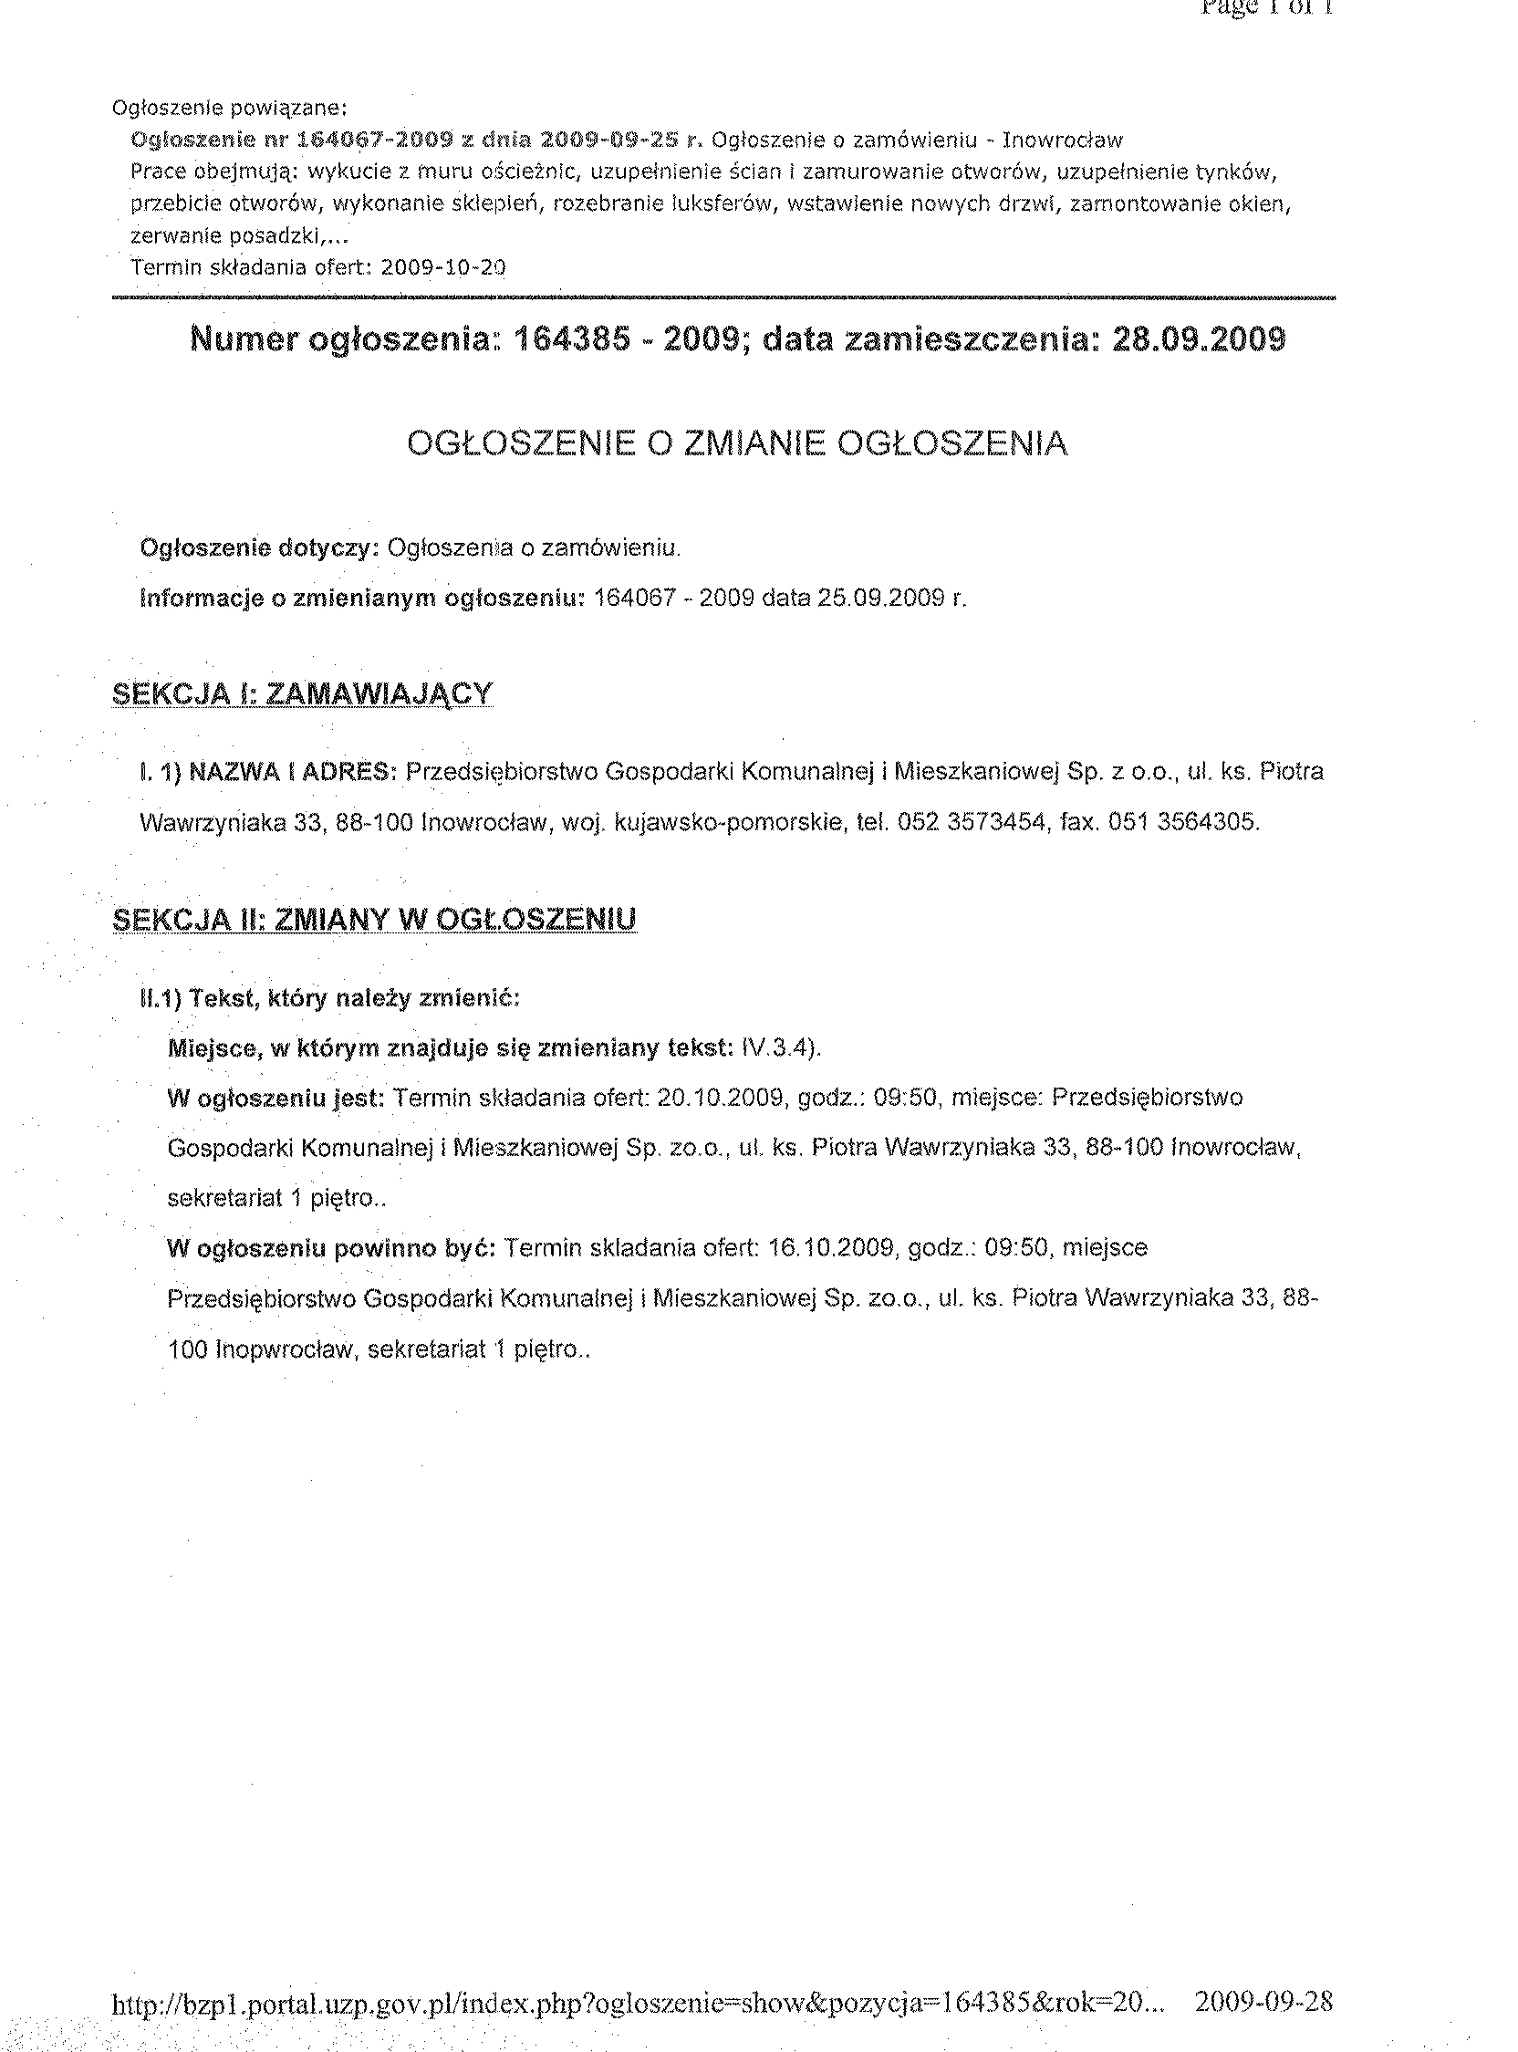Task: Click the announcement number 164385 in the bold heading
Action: [571, 340]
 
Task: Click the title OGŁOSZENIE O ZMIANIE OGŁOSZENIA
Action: [737, 443]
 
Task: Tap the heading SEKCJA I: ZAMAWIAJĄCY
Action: [302, 693]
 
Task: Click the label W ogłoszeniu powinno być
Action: [332, 1248]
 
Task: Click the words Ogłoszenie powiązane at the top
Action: [229, 109]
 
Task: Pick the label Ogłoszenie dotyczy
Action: [259, 548]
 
